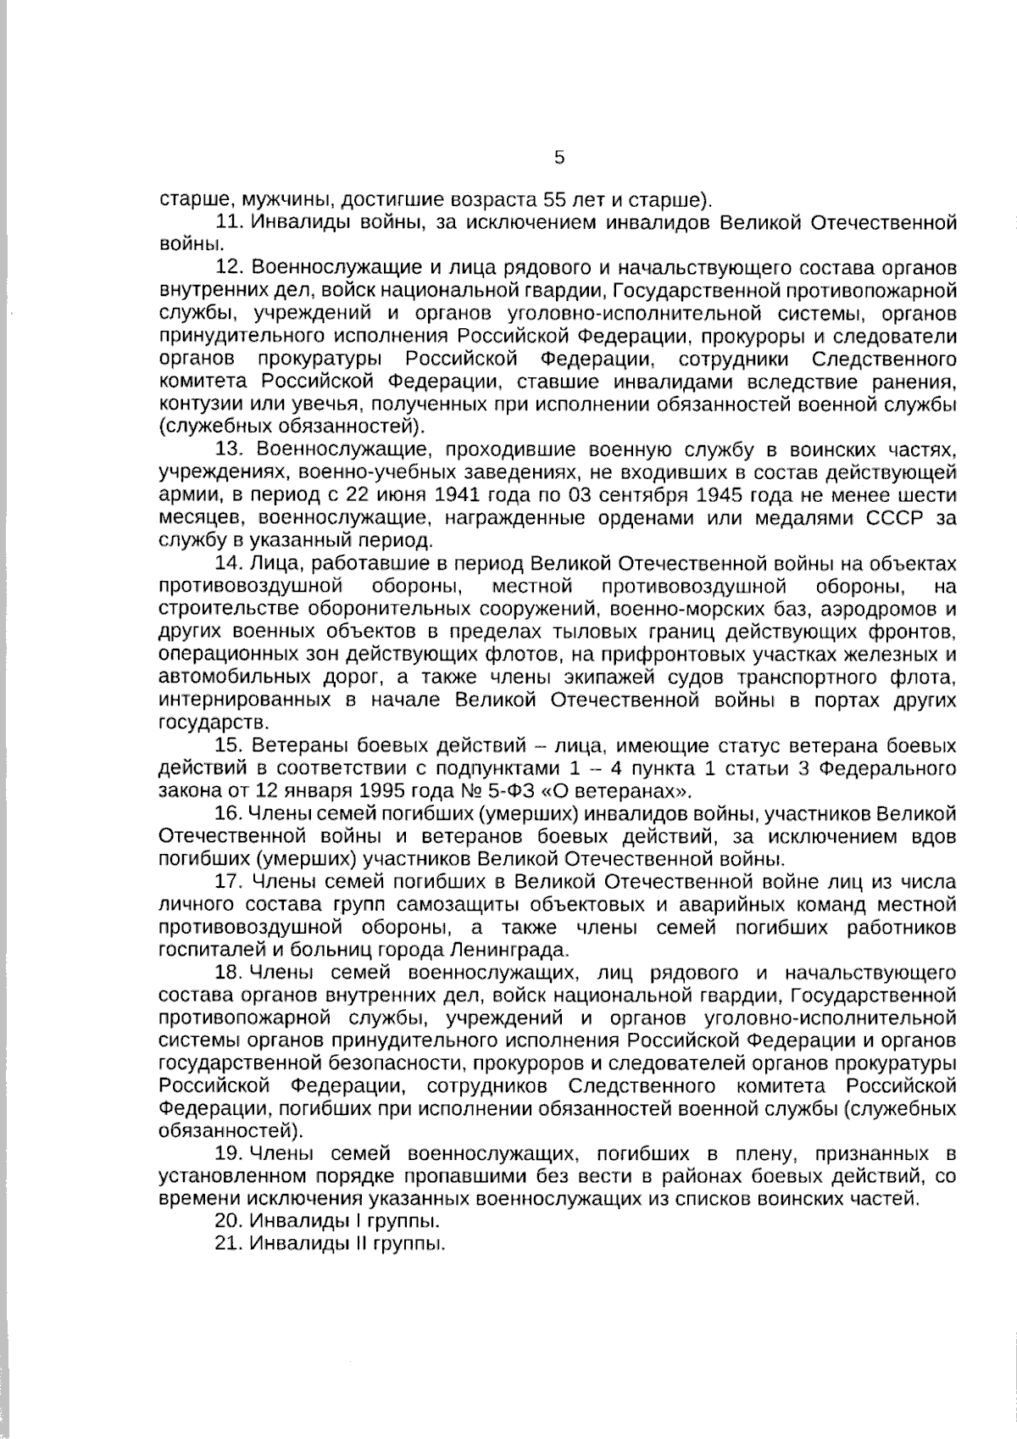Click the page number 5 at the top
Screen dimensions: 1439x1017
coord(559,158)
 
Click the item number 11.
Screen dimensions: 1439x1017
coord(231,223)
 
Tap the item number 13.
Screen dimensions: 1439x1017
coord(231,449)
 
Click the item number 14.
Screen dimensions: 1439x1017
coord(231,563)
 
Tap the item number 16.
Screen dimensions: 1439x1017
coord(231,815)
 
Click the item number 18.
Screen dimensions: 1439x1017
coord(231,972)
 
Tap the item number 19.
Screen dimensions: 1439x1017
coord(231,1153)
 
